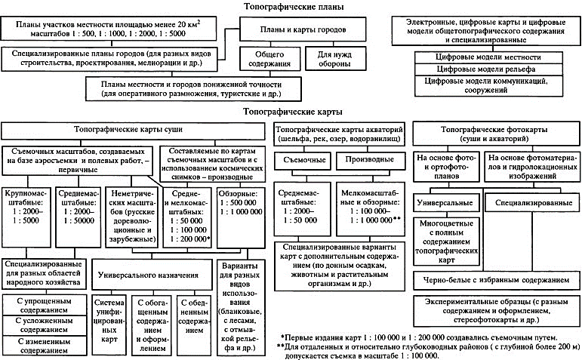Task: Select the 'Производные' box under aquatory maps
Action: (365, 160)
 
